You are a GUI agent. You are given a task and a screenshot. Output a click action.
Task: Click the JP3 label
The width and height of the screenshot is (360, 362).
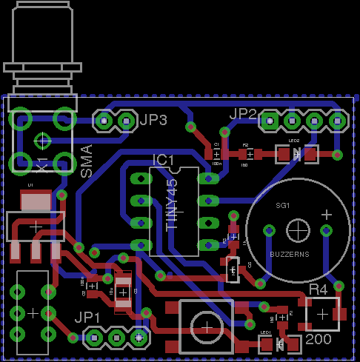(x=153, y=119)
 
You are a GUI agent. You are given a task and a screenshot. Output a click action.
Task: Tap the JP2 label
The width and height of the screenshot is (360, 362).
(x=243, y=114)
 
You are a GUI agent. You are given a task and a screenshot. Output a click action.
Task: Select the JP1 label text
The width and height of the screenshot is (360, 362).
(x=87, y=318)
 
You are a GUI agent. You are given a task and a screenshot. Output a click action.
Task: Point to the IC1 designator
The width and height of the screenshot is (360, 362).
(x=163, y=160)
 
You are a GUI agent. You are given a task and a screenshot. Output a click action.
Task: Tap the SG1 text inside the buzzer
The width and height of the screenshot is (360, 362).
(x=282, y=205)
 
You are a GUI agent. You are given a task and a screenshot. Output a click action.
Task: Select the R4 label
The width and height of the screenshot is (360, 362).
(x=318, y=289)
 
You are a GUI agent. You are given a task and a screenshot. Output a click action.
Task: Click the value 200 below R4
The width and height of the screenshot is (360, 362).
(x=318, y=340)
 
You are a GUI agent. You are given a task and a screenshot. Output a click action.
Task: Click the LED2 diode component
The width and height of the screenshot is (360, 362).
(x=296, y=154)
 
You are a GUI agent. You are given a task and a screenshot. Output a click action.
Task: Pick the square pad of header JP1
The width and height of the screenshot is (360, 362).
(x=138, y=338)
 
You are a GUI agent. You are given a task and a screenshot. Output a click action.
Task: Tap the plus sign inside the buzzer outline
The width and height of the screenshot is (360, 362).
(x=326, y=214)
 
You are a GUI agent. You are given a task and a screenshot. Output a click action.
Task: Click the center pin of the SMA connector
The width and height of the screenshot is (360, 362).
(x=43, y=139)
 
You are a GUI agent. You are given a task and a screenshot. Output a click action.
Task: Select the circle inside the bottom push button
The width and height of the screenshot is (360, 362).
(x=205, y=325)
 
